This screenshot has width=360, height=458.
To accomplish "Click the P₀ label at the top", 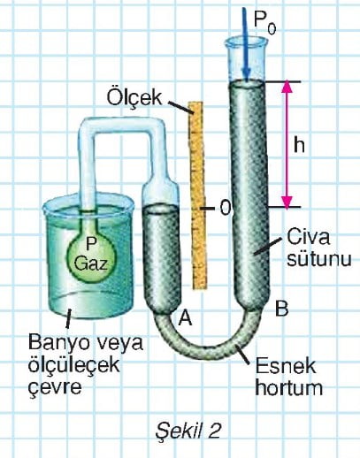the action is click(264, 24).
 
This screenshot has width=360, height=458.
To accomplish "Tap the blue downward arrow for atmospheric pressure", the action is click(246, 43).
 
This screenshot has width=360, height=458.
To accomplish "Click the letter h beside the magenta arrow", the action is click(299, 145).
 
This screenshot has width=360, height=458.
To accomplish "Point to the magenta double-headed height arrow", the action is click(287, 144).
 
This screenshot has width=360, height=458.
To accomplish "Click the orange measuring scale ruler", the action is click(198, 195).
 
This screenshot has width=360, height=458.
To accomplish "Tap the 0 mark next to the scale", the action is click(225, 209).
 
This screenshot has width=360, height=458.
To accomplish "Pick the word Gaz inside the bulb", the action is click(91, 263).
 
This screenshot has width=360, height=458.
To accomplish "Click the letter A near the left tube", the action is click(186, 318).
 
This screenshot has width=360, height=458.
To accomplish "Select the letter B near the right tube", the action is click(281, 309).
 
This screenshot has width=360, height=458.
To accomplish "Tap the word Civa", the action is click(308, 237).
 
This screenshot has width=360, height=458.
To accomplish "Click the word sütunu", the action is click(318, 258).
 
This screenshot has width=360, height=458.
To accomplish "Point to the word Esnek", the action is click(285, 366).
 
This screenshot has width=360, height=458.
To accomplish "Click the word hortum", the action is click(288, 387).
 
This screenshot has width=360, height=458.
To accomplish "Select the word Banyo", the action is click(62, 344).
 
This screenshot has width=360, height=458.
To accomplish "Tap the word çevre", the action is click(55, 387).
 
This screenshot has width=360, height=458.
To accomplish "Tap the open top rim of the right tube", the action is click(246, 42).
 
